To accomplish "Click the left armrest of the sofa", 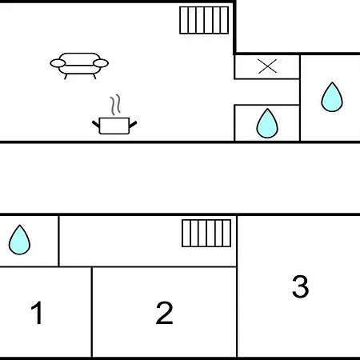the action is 58,63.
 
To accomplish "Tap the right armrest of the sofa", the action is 101,63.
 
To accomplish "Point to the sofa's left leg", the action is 66,77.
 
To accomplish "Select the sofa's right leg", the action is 94,77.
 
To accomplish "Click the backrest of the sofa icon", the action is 79,58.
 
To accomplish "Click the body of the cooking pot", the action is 114,126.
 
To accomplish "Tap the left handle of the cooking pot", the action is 96,124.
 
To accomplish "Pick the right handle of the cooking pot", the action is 133,124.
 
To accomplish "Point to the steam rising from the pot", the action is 115,105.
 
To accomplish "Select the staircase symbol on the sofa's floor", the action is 204,20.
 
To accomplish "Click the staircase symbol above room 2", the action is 206,234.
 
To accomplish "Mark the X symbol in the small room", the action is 267,66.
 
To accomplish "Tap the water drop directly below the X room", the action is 267,123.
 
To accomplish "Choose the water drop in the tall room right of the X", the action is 332,97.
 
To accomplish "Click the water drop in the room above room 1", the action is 19,240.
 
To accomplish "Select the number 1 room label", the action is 37,313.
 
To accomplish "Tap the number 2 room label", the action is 164,313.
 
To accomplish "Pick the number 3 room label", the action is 301,286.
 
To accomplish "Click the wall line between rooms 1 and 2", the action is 92,312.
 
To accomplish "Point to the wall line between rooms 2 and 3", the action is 237,286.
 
